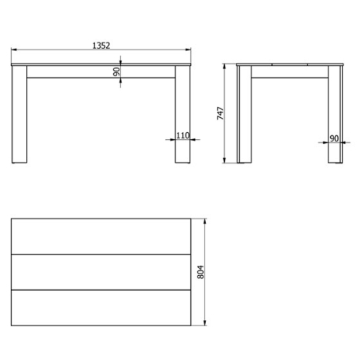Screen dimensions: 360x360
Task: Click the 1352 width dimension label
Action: [101, 46]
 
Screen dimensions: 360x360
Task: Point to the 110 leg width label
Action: [183, 136]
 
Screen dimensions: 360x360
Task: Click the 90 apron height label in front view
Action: [116, 72]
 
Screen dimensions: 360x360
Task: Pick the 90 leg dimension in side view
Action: [334, 138]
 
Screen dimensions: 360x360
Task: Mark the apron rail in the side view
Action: [288, 72]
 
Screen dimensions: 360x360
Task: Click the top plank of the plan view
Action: [101, 236]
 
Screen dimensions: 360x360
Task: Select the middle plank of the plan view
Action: [101, 271]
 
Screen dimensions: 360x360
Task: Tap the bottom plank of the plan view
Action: [101, 307]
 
